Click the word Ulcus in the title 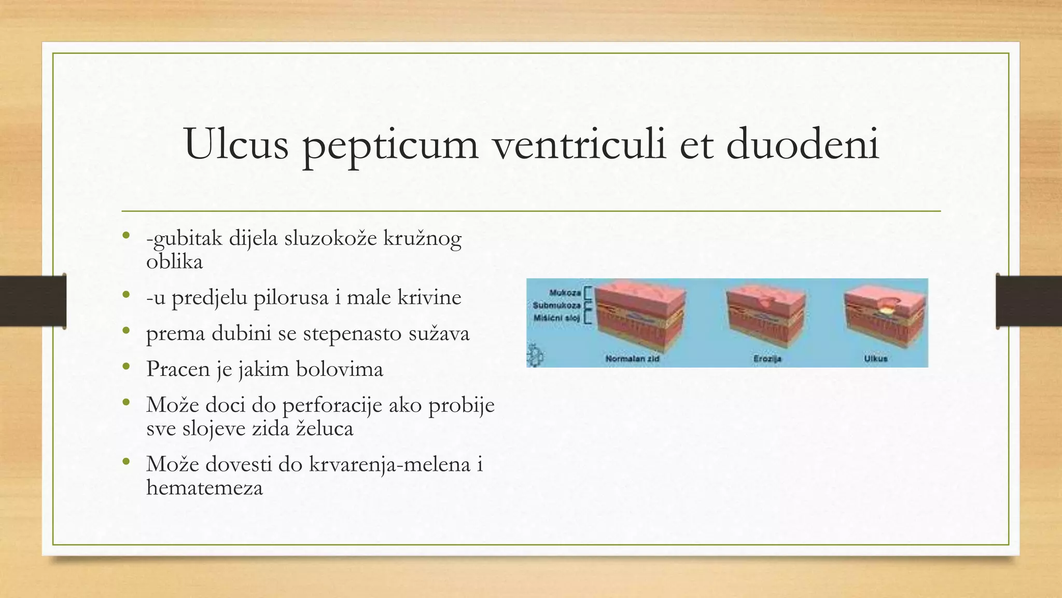236,143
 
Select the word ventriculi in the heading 579,143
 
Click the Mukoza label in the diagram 565,293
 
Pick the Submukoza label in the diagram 556,305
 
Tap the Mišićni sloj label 556,318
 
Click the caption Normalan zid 632,359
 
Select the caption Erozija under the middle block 767,359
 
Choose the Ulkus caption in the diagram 875,359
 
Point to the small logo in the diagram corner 535,356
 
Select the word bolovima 339,369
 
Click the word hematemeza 204,487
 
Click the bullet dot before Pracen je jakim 126,367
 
